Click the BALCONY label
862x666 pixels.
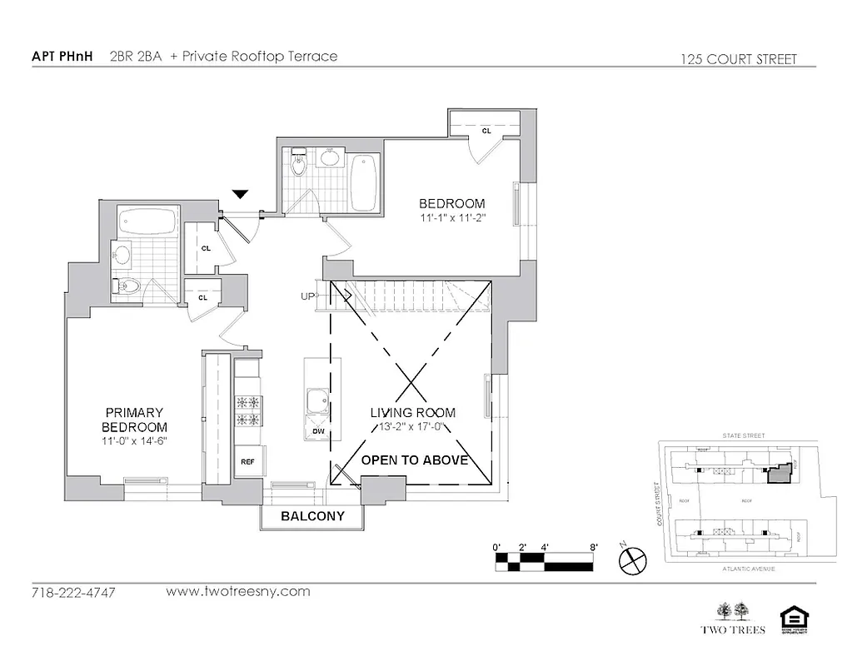click(x=312, y=516)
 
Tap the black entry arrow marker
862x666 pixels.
click(x=240, y=195)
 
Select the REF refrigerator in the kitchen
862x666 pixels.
click(x=247, y=461)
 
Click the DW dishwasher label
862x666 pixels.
click(x=318, y=432)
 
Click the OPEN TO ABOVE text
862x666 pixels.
click(x=414, y=460)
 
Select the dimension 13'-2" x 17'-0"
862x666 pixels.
click(x=412, y=428)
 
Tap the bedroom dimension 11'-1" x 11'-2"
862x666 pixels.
click(x=451, y=218)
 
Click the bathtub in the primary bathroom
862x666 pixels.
click(x=147, y=221)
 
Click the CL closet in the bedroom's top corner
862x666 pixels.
click(x=486, y=131)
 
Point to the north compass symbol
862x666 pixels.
click(x=632, y=560)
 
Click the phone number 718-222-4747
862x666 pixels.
click(x=73, y=593)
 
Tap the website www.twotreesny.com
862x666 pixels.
click(x=238, y=592)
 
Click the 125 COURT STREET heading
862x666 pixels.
click(x=738, y=59)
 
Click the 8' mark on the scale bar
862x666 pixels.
click(x=593, y=547)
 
